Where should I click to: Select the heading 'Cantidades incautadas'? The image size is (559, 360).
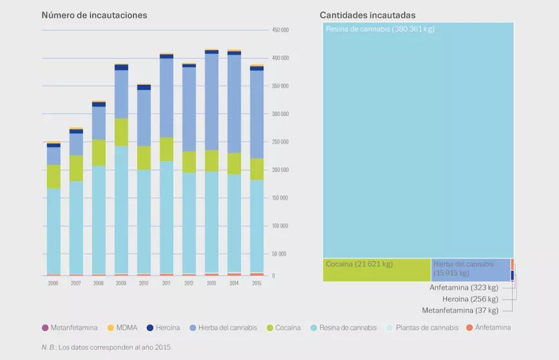[x=368, y=15]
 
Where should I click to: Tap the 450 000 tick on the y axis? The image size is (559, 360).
[x=280, y=30]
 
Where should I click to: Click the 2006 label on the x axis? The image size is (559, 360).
[x=53, y=283]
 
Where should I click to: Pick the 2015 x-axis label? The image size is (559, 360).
[x=256, y=283]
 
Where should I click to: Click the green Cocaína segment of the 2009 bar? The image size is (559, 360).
[x=121, y=132]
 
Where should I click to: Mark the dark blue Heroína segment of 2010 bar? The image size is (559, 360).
[x=144, y=87]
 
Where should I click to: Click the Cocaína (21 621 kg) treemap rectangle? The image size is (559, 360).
[x=376, y=270]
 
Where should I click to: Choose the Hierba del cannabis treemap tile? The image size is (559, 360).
[x=470, y=270]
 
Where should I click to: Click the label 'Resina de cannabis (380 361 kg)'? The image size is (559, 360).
[x=380, y=29]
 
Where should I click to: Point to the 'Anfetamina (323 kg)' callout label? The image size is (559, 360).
[x=464, y=288]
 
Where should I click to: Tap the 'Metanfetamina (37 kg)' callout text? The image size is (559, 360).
[x=460, y=310]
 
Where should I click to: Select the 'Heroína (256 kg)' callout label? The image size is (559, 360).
[x=470, y=299]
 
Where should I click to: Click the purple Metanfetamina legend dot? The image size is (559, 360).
[x=45, y=328]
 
